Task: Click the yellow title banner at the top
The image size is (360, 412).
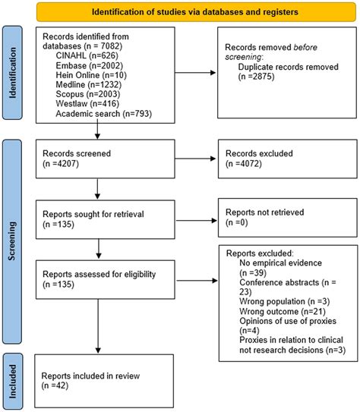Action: tap(196, 12)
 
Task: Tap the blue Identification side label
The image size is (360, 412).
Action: tap(12, 73)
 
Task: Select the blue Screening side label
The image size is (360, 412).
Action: tap(12, 241)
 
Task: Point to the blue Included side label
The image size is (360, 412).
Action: tap(12, 381)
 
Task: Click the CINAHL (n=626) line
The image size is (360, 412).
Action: tap(87, 55)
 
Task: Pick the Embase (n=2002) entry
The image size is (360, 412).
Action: tap(89, 65)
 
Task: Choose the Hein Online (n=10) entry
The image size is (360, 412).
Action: tap(91, 75)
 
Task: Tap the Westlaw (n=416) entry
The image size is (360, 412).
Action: tap(87, 103)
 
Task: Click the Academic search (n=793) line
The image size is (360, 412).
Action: tap(104, 114)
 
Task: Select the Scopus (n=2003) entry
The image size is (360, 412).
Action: tap(88, 94)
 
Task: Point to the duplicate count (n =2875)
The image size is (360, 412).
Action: tap(256, 77)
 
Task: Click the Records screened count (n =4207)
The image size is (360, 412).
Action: tap(61, 164)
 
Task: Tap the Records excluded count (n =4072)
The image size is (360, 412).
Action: tap(244, 164)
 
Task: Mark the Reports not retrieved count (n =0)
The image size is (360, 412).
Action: tap(237, 222)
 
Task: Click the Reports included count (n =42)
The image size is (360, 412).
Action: tap(55, 385)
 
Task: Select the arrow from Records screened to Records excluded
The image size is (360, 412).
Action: tap(195, 159)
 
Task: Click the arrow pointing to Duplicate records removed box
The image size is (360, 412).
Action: tap(195, 73)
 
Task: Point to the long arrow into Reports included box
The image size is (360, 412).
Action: tap(98, 326)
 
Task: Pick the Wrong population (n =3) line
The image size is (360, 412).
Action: tap(285, 301)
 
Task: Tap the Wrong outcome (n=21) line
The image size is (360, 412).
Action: tap(283, 312)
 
